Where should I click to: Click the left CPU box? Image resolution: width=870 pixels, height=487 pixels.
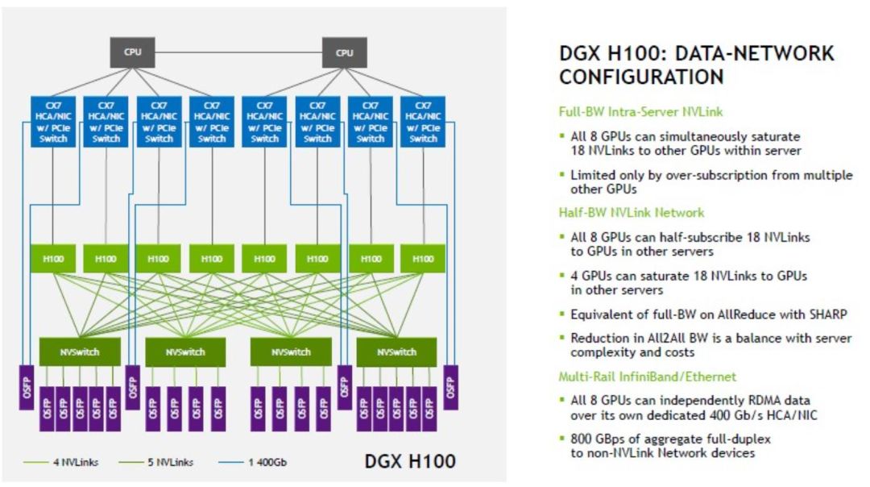pyautogui.click(x=132, y=52)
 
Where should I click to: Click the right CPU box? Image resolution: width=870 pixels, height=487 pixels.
pyautogui.click(x=344, y=52)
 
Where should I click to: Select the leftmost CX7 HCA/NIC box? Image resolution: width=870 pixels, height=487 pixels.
pyautogui.click(x=53, y=122)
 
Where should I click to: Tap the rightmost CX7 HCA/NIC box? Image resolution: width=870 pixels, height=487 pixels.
pyautogui.click(x=423, y=122)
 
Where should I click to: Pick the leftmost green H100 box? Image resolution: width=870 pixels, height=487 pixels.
pyautogui.click(x=53, y=259)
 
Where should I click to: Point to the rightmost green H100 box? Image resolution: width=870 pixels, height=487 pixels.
pyautogui.click(x=423, y=259)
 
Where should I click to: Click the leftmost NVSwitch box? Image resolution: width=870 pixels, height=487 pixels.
pyautogui.click(x=80, y=352)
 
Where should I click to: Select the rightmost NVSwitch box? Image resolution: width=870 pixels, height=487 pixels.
pyautogui.click(x=396, y=352)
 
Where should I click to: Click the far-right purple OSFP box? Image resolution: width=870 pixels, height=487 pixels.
pyautogui.click(x=449, y=386)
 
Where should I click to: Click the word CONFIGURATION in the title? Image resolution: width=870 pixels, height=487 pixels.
pyautogui.click(x=641, y=77)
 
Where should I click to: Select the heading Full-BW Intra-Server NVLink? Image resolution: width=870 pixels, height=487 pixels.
pyautogui.click(x=634, y=113)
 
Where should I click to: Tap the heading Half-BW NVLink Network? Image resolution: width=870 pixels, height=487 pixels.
pyautogui.click(x=632, y=213)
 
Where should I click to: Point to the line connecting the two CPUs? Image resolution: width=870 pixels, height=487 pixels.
pyautogui.click(x=238, y=52)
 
